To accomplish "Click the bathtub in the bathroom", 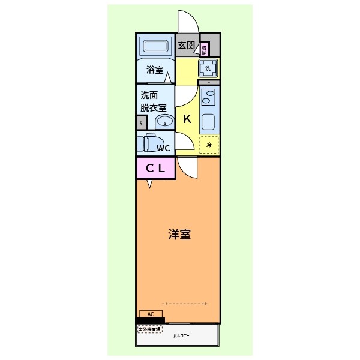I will [x=155, y=46].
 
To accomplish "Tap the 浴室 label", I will [x=155, y=70].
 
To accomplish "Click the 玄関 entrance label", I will [x=187, y=45].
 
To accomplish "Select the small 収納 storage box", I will [x=205, y=49].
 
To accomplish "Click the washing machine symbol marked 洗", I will [x=208, y=68].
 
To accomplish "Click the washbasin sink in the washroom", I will [x=164, y=122].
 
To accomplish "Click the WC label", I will [x=164, y=148].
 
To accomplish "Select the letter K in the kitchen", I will [x=187, y=118].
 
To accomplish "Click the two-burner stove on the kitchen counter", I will [x=209, y=97].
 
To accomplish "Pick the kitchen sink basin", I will [x=208, y=122].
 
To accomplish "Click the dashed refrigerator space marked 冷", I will [x=209, y=145].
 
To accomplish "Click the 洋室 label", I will [x=179, y=235].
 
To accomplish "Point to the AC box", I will [x=151, y=313].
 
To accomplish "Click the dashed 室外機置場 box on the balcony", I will [x=149, y=329].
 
